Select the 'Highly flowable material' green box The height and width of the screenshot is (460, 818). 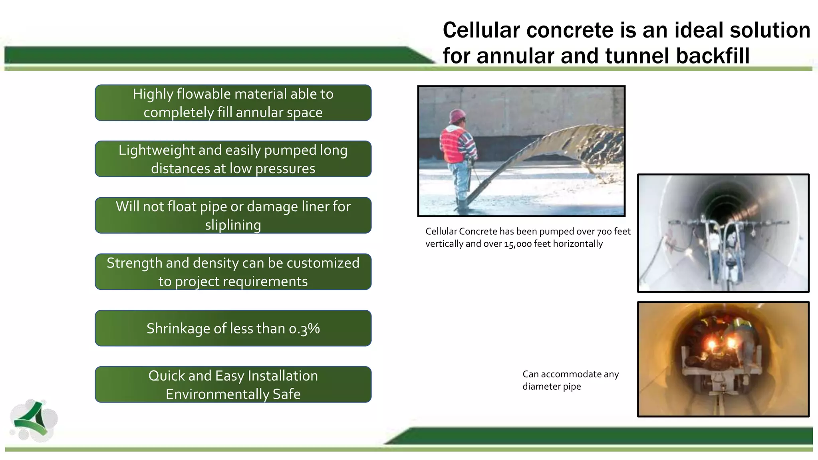click(233, 103)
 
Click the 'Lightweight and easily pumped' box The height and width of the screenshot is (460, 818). click(233, 159)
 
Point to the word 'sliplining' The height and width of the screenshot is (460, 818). click(233, 225)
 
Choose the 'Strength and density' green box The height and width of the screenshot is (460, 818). click(233, 272)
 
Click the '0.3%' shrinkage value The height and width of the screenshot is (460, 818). click(304, 328)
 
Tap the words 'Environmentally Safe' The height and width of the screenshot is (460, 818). click(233, 394)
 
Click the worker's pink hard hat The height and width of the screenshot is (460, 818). click(457, 115)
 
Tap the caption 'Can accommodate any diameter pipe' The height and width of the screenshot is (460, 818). click(570, 380)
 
